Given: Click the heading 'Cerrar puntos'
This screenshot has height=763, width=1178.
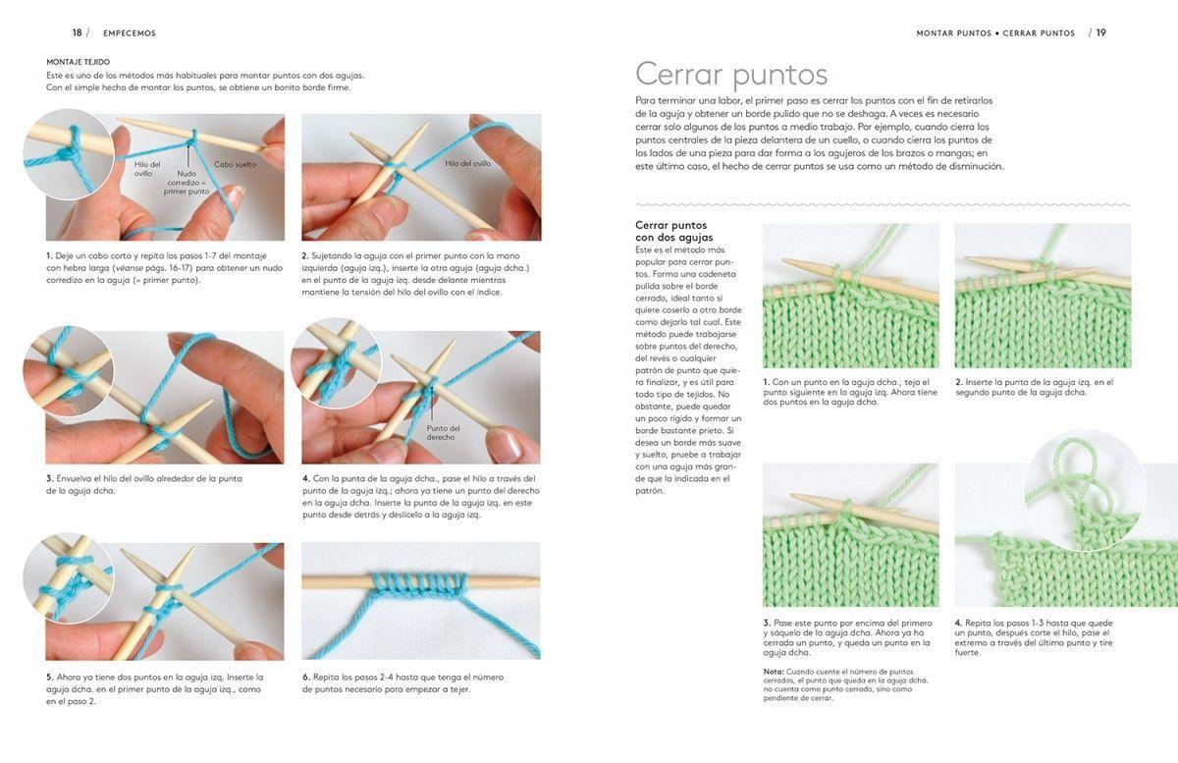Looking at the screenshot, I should (731, 74).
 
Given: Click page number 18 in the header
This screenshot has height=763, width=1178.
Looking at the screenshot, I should (77, 32).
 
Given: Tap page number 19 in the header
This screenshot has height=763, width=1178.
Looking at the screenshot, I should (1100, 32).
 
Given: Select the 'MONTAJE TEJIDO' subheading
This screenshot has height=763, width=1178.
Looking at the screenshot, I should (78, 62).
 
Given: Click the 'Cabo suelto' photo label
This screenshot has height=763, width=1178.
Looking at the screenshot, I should (236, 164).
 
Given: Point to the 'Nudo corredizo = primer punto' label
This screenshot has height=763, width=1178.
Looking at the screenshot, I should (187, 182).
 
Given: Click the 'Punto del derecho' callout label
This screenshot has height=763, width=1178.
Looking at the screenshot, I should (443, 432).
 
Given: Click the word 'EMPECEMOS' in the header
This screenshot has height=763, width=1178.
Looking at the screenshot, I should (130, 33).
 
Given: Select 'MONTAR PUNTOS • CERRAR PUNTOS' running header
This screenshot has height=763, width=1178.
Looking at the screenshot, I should (995, 33).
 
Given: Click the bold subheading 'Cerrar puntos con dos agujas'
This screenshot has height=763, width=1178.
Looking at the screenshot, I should (673, 231).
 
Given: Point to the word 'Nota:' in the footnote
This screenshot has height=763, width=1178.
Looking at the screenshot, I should (773, 672).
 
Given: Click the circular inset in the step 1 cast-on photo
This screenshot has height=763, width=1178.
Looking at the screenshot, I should (68, 155).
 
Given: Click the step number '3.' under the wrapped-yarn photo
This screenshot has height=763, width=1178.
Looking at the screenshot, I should (49, 478).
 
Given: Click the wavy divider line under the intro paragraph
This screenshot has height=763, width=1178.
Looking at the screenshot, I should (883, 205).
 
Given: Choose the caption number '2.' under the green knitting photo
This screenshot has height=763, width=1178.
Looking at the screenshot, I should (959, 382).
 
